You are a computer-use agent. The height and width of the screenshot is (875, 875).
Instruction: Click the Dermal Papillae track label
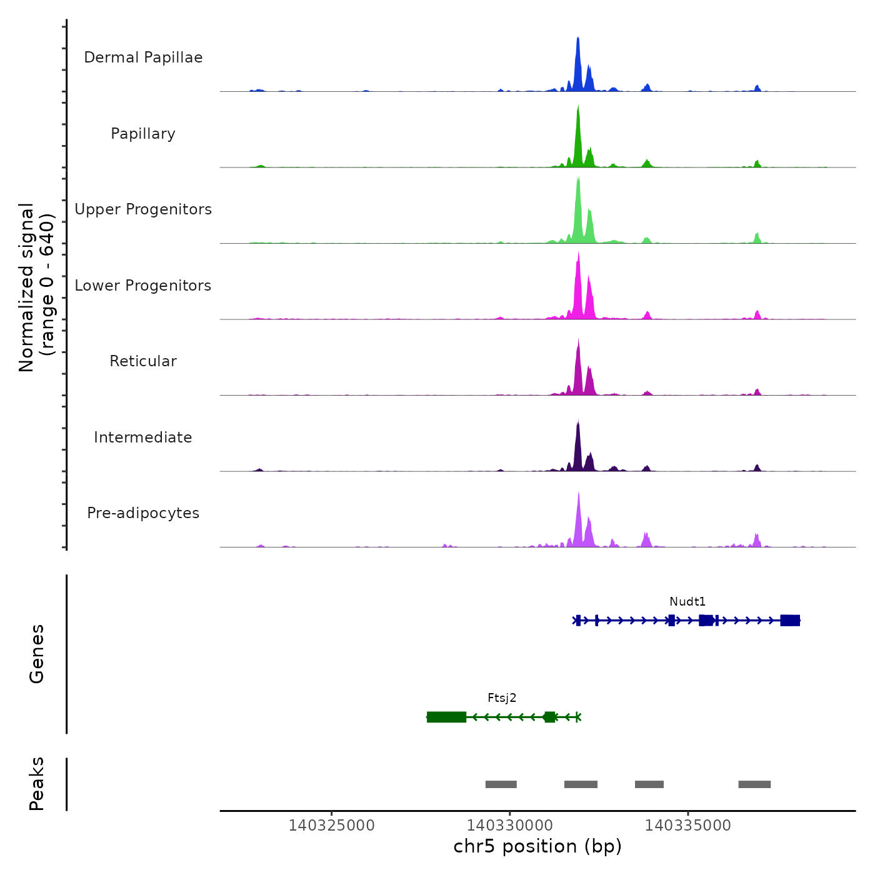coord(143,57)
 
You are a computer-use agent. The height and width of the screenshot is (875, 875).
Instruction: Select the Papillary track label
coord(143,134)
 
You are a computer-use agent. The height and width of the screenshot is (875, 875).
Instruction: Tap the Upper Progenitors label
coord(143,209)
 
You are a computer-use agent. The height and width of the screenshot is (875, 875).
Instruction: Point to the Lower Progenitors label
coord(143,286)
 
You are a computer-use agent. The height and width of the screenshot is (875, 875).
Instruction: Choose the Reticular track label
coord(143,361)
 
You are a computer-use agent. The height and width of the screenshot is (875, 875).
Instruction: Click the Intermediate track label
coord(143,437)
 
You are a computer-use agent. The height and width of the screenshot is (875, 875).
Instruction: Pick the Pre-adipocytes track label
coord(143,513)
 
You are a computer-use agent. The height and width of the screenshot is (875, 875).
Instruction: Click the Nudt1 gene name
coord(687,602)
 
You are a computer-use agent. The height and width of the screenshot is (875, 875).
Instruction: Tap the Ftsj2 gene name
coord(502,698)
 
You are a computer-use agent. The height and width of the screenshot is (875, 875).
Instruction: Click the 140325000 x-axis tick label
coord(331,826)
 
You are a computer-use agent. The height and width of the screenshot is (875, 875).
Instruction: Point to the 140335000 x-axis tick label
coord(687,826)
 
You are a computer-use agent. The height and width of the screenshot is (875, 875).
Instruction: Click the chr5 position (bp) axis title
coord(537,846)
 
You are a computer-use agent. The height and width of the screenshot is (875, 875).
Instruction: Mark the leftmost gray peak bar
coord(501,784)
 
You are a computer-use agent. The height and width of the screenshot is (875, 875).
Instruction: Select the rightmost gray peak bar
coord(754,784)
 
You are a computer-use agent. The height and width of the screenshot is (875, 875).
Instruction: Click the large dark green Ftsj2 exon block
coord(446,717)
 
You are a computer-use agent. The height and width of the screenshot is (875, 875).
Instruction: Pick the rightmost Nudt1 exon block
coord(790,620)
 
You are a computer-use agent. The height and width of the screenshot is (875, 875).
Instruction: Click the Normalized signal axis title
coord(36,287)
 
